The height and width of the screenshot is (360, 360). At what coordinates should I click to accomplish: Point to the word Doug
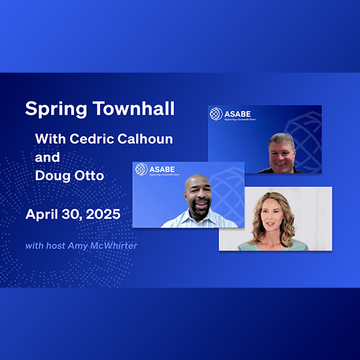[51, 177]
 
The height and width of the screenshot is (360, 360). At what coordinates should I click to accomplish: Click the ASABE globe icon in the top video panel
[216, 114]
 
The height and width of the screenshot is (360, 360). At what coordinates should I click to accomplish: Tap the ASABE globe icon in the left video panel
[141, 170]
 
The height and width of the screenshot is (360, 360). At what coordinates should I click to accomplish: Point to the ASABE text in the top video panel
[238, 113]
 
